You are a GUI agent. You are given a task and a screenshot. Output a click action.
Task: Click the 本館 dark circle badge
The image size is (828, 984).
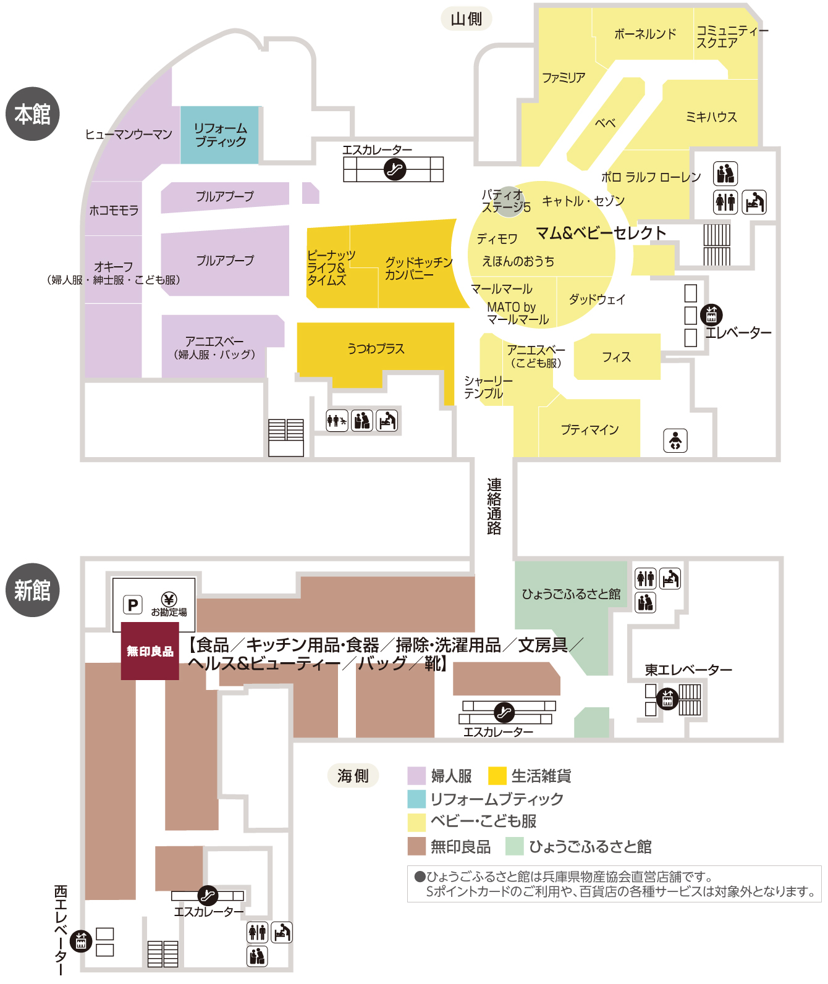pyautogui.click(x=33, y=114)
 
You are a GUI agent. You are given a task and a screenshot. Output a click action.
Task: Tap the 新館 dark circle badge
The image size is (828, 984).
pyautogui.click(x=33, y=590)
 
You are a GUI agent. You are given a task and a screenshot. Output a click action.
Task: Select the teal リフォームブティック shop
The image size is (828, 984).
pyautogui.click(x=220, y=135)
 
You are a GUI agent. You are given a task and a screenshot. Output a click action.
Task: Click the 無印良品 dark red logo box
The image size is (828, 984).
pyautogui.click(x=150, y=651)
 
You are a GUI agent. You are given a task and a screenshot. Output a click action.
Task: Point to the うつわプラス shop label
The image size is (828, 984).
pyautogui.click(x=376, y=349)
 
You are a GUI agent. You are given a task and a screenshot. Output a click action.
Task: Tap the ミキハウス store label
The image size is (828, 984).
pyautogui.click(x=711, y=117)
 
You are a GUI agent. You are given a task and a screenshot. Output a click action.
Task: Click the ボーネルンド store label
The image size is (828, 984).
pyautogui.click(x=645, y=34)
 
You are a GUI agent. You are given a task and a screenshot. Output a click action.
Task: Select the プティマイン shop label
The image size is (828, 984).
pyautogui.click(x=589, y=429)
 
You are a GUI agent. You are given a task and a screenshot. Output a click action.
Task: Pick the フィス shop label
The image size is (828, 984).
pyautogui.click(x=617, y=357)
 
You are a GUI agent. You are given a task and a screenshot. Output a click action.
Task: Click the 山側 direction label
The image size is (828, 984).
pyautogui.click(x=467, y=19)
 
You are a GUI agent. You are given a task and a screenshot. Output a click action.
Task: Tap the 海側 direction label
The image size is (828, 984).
pyautogui.click(x=353, y=776)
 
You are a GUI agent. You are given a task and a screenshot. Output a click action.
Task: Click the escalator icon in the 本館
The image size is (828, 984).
pyautogui.click(x=394, y=169)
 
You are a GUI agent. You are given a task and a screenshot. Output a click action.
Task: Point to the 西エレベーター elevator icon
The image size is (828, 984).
pyautogui.click(x=81, y=941)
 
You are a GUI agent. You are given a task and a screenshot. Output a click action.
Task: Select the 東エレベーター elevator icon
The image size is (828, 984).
pyautogui.click(x=667, y=699)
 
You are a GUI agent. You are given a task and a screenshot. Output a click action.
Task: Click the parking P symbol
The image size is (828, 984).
pyautogui.click(x=133, y=605)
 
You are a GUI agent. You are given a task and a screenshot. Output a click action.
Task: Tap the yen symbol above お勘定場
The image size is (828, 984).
pyautogui.click(x=169, y=599)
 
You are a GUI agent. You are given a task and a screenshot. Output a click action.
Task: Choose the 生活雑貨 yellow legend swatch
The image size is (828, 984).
pyautogui.click(x=497, y=776)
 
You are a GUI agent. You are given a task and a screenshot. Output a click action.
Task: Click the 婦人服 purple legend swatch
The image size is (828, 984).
pyautogui.click(x=417, y=776)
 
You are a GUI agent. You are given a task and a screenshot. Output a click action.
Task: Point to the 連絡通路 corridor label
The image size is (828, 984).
pyautogui.click(x=494, y=506)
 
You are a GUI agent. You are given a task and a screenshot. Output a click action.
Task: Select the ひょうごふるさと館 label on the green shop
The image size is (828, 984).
pyautogui.click(x=571, y=594)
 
